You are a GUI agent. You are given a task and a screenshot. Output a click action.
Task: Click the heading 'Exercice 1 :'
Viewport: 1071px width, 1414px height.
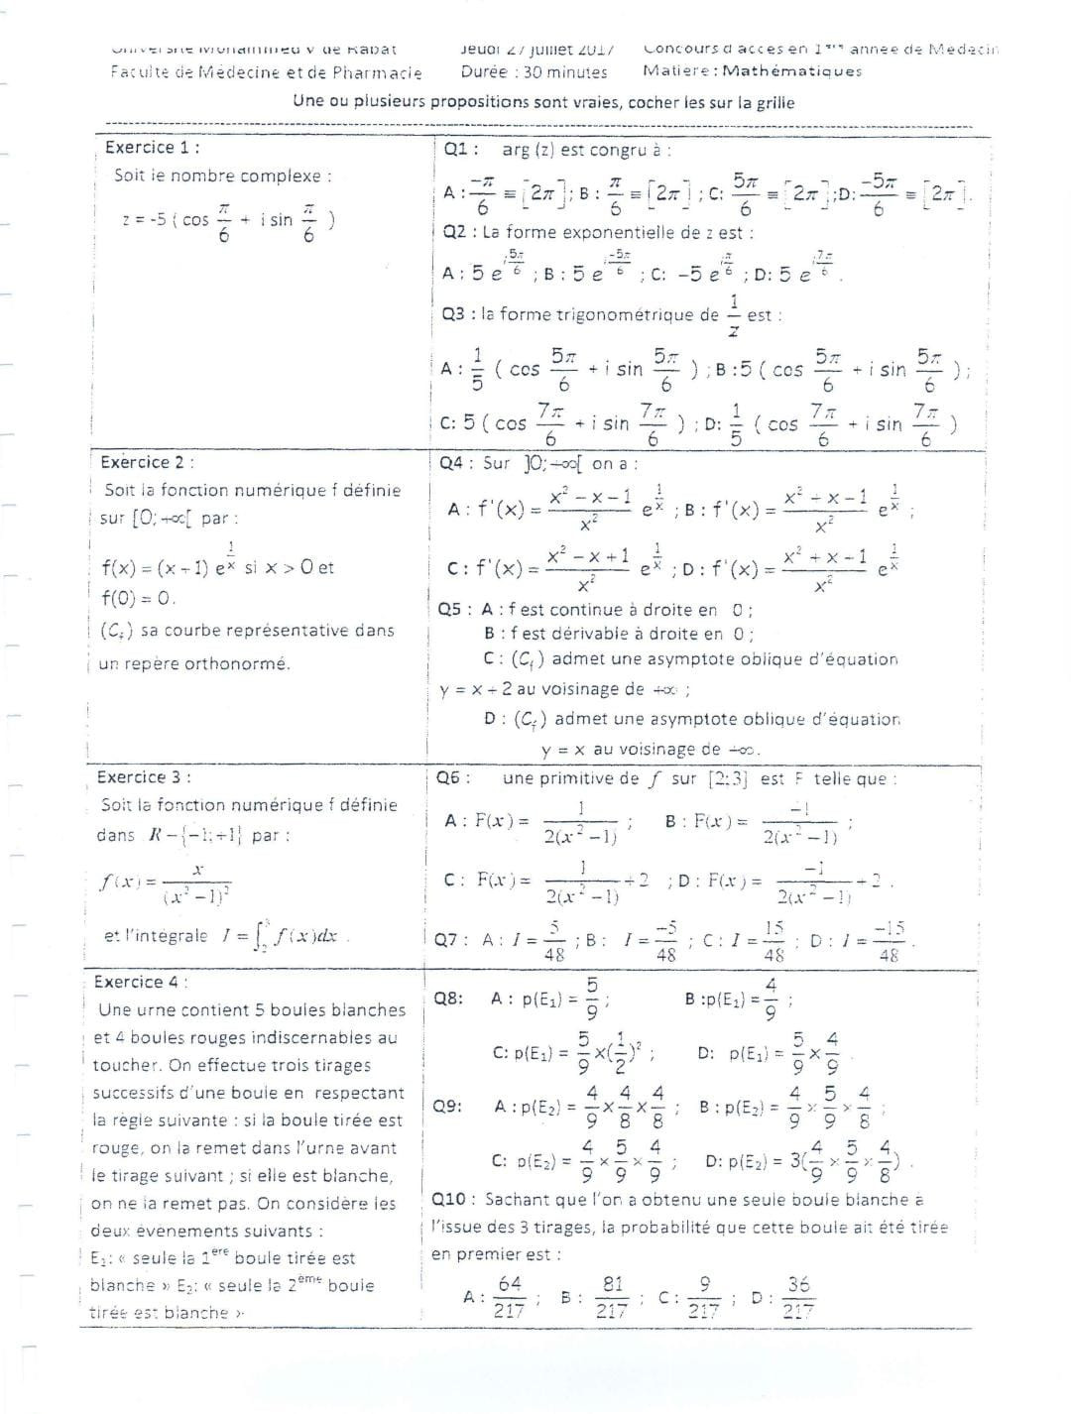(x=152, y=148)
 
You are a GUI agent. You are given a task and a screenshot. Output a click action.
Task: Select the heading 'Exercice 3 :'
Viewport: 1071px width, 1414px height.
(x=144, y=777)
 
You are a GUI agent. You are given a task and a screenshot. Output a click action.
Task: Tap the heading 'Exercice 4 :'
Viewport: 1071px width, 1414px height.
(x=140, y=982)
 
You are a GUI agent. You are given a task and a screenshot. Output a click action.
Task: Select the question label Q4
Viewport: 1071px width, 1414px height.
(x=454, y=463)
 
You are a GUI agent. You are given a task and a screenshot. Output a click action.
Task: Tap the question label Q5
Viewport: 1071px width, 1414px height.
(x=452, y=610)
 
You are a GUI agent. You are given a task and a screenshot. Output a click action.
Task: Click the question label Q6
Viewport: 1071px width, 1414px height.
(x=452, y=778)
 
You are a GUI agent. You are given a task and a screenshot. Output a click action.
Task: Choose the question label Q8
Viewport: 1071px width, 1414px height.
(x=448, y=999)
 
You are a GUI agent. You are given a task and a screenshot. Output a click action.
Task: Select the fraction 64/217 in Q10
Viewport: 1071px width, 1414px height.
(x=510, y=1297)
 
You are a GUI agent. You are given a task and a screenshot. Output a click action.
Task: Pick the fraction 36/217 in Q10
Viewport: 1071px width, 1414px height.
(x=798, y=1297)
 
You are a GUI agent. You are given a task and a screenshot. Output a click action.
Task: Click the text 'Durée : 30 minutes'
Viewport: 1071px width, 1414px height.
(x=534, y=71)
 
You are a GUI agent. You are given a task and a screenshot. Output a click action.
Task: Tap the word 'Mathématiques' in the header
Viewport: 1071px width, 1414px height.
(x=792, y=70)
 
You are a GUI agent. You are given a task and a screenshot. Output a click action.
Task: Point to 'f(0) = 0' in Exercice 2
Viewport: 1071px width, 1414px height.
(x=138, y=598)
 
